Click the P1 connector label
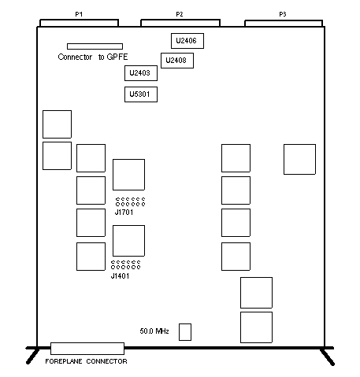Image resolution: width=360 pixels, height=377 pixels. (x=79, y=14)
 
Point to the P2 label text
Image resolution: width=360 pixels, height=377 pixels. (x=180, y=14)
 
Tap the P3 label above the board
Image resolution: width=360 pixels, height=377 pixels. (x=283, y=14)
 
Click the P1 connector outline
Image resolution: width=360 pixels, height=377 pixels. (x=79, y=20)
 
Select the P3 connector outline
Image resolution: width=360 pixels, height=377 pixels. (x=284, y=20)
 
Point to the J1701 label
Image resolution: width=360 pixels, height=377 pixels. (x=124, y=212)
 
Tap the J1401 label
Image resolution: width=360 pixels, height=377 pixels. (x=120, y=275)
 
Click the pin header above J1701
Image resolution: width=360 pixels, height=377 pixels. (x=130, y=201)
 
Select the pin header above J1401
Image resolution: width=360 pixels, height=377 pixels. (x=125, y=265)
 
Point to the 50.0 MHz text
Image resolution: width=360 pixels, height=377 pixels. (x=154, y=331)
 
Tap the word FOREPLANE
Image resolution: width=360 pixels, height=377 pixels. (x=64, y=361)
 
